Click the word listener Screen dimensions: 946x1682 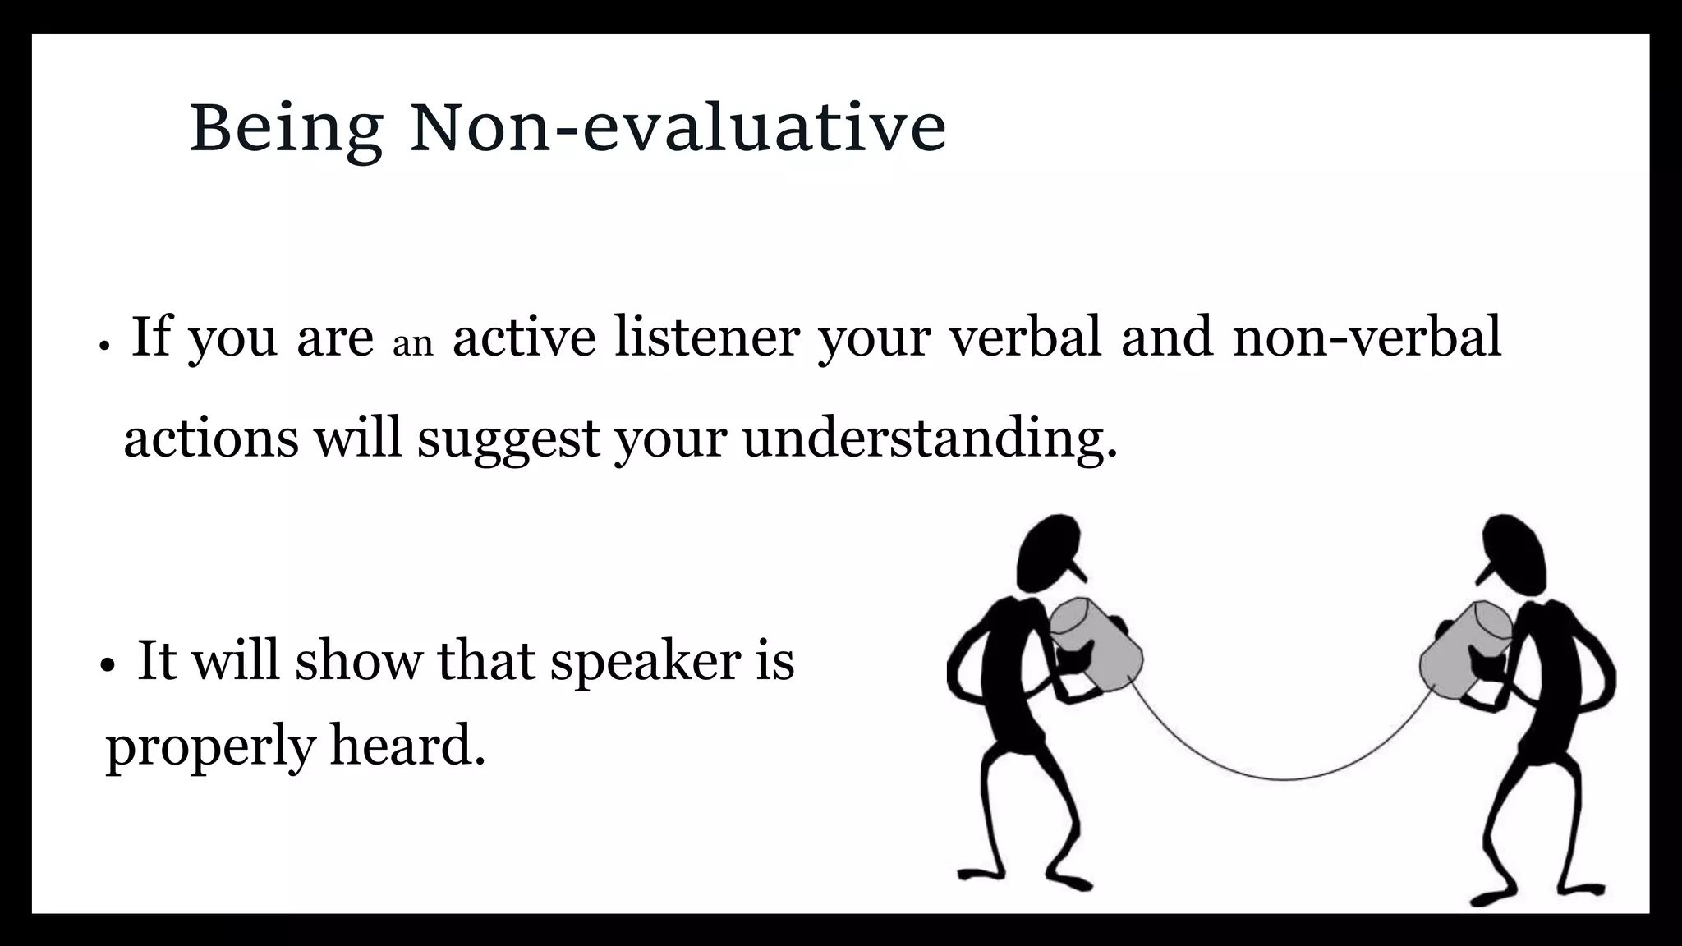coord(706,337)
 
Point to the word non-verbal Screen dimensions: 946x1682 coord(1367,337)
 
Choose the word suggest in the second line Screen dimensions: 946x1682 coord(508,439)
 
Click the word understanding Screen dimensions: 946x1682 coord(930,439)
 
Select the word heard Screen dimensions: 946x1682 coord(407,746)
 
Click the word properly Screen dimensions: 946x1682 coord(211,747)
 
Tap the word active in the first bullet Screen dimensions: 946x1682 coord(524,337)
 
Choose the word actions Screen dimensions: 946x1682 coord(211,439)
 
